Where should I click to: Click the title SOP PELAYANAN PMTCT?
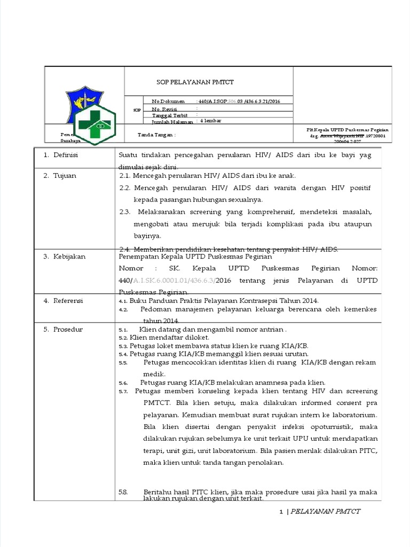[x=194, y=82]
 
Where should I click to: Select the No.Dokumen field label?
[x=168, y=101]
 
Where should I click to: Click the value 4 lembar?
[x=210, y=121]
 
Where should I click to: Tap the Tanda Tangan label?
[x=157, y=135]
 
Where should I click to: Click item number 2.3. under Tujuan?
[x=125, y=212]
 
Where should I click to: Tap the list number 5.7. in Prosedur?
[x=123, y=391]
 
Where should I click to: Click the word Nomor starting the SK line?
[x=131, y=269]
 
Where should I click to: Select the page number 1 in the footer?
[x=281, y=512]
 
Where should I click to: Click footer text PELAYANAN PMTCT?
[x=326, y=511]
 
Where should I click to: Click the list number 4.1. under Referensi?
[x=122, y=301]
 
